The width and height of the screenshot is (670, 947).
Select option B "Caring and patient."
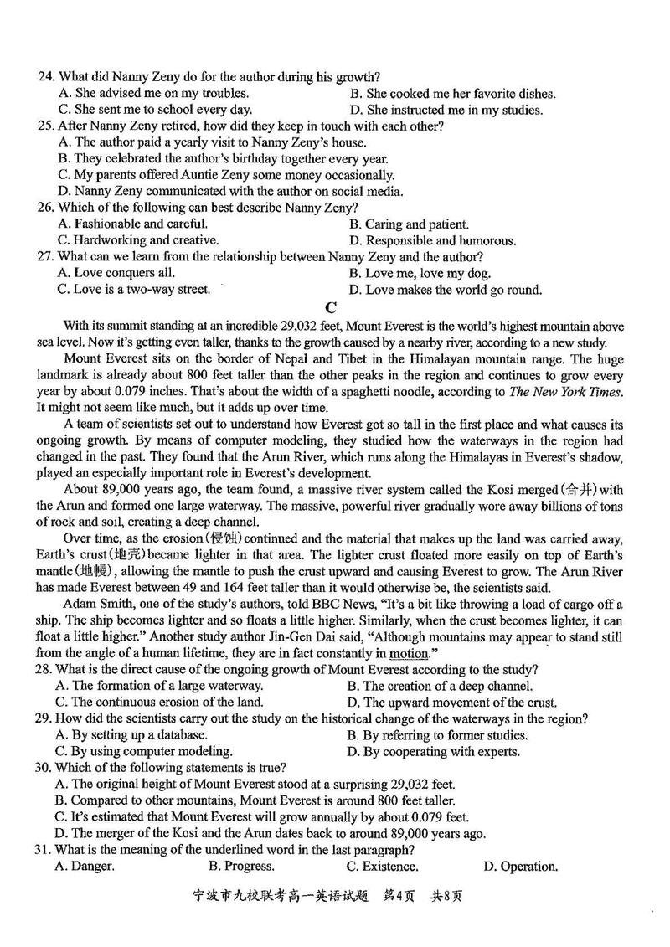pos(408,224)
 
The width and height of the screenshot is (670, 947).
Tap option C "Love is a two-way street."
pos(133,290)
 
